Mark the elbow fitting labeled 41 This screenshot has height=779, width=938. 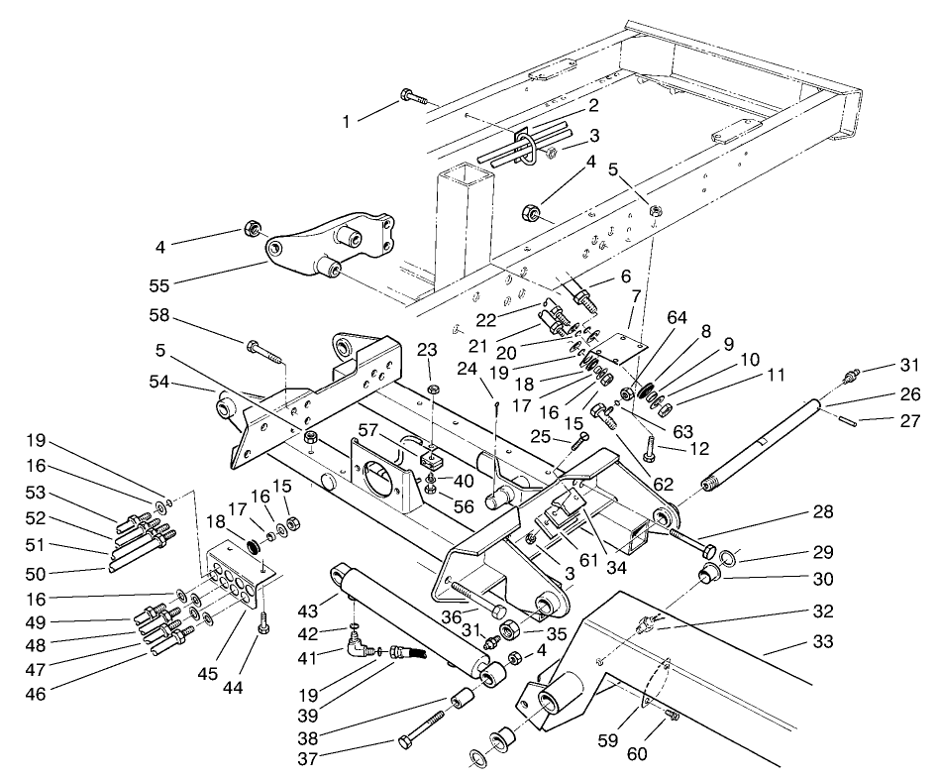click(x=356, y=651)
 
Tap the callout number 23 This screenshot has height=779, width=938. click(x=427, y=349)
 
